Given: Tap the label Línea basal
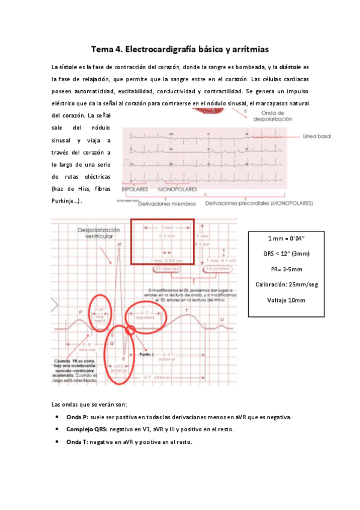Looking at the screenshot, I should [317, 137].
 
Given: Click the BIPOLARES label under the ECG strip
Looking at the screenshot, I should [135, 189].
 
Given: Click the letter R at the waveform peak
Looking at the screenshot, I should [120, 244].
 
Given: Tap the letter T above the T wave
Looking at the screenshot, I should [187, 310].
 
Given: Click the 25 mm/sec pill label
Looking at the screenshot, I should [167, 269].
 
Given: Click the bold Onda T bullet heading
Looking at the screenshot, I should [78, 441].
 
